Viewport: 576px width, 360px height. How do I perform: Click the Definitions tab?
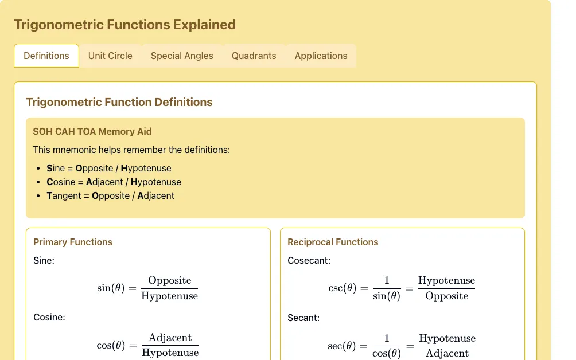46,56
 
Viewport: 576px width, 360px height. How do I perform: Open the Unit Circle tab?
110,56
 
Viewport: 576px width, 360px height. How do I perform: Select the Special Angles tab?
182,56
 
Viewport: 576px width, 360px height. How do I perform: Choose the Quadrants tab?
254,56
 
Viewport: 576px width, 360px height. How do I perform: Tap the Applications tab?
321,56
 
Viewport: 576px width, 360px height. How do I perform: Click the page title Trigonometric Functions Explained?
125,25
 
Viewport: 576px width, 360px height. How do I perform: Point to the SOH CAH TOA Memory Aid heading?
92,131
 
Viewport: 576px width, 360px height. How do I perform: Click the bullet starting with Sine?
109,168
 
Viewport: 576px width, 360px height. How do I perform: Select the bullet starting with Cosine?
114,182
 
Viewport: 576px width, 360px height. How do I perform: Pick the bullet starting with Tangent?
110,195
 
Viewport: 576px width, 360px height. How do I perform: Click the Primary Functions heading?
73,242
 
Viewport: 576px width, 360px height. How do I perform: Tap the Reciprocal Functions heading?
333,242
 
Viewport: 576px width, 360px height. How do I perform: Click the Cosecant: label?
309,261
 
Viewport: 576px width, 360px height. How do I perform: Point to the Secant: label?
303,318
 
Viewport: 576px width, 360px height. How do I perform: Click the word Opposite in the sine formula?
170,280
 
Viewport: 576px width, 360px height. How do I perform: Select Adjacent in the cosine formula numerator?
170,337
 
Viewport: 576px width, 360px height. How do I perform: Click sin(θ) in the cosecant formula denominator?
387,296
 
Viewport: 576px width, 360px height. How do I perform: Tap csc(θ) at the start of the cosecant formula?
343,288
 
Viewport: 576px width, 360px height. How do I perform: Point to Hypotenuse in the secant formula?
447,338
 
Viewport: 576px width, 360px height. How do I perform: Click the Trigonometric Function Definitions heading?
119,102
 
